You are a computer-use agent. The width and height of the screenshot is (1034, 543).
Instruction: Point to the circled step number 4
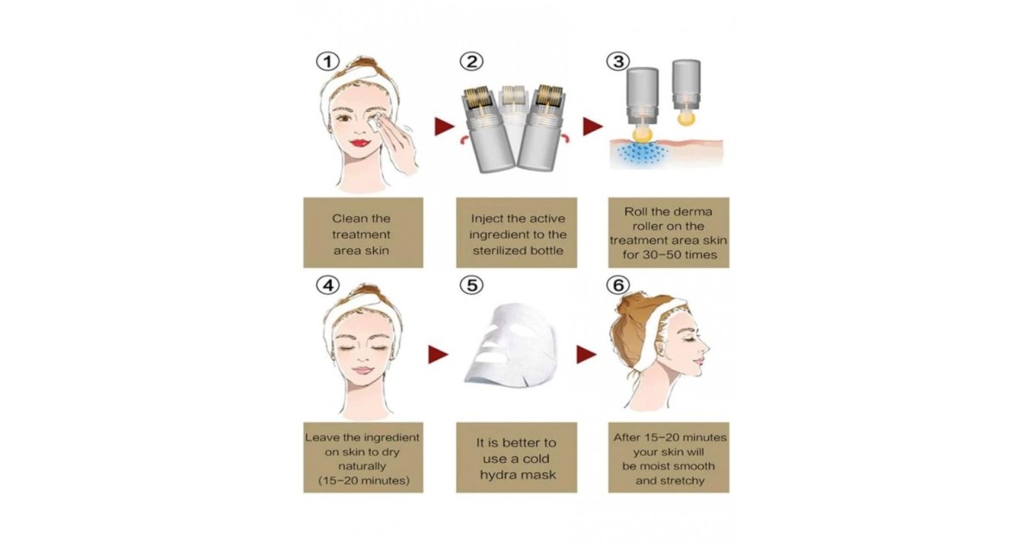coord(327,284)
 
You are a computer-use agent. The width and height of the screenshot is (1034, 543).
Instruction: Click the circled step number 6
coord(617,285)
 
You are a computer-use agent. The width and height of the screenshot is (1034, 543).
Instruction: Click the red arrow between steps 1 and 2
coord(442,128)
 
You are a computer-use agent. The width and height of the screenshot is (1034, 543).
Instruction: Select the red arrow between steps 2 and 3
coord(594,127)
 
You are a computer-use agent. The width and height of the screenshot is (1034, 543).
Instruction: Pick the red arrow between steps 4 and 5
coord(439,353)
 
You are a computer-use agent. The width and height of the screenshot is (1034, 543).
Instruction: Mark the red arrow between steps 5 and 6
coord(587,353)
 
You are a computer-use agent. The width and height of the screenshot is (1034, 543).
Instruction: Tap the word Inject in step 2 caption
coord(489,218)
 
